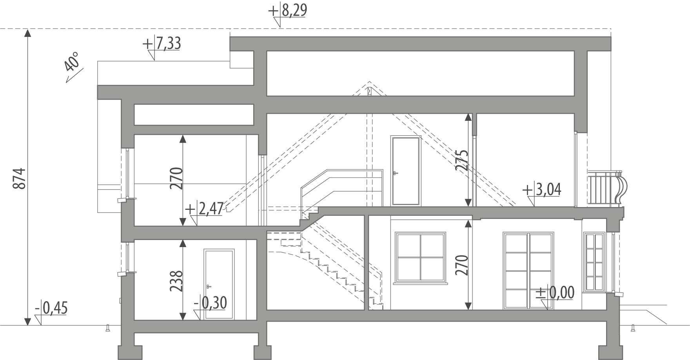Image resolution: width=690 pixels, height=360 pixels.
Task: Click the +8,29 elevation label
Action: click(x=287, y=11)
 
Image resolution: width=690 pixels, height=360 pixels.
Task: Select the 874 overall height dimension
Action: click(x=20, y=178)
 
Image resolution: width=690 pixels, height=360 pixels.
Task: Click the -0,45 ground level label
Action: click(x=51, y=308)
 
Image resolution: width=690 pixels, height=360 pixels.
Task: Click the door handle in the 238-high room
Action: click(x=208, y=286)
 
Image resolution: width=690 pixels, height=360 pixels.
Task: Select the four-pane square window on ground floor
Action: click(x=421, y=257)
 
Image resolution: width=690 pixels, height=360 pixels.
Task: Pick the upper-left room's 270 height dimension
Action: click(x=177, y=178)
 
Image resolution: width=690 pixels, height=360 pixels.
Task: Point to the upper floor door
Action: click(x=406, y=171)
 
